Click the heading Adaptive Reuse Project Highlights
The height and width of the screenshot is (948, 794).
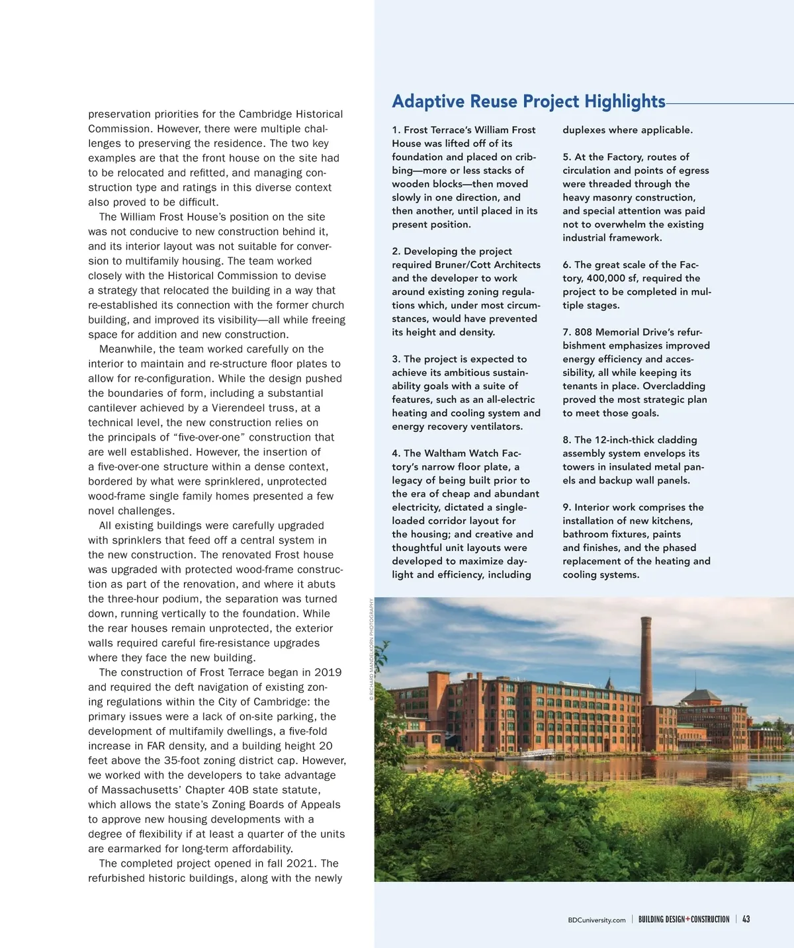click(x=528, y=101)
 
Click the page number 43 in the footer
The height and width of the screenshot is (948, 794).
click(x=746, y=919)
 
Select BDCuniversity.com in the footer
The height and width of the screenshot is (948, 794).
click(x=596, y=920)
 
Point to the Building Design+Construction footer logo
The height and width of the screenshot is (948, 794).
click(x=684, y=919)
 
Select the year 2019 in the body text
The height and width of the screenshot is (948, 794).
click(x=328, y=672)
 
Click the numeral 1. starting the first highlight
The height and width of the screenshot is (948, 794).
click(x=396, y=130)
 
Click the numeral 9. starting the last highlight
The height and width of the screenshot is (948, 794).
click(x=566, y=507)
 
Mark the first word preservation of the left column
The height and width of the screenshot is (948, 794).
click(x=119, y=114)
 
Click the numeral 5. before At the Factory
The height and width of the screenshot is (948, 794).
click(x=566, y=157)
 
